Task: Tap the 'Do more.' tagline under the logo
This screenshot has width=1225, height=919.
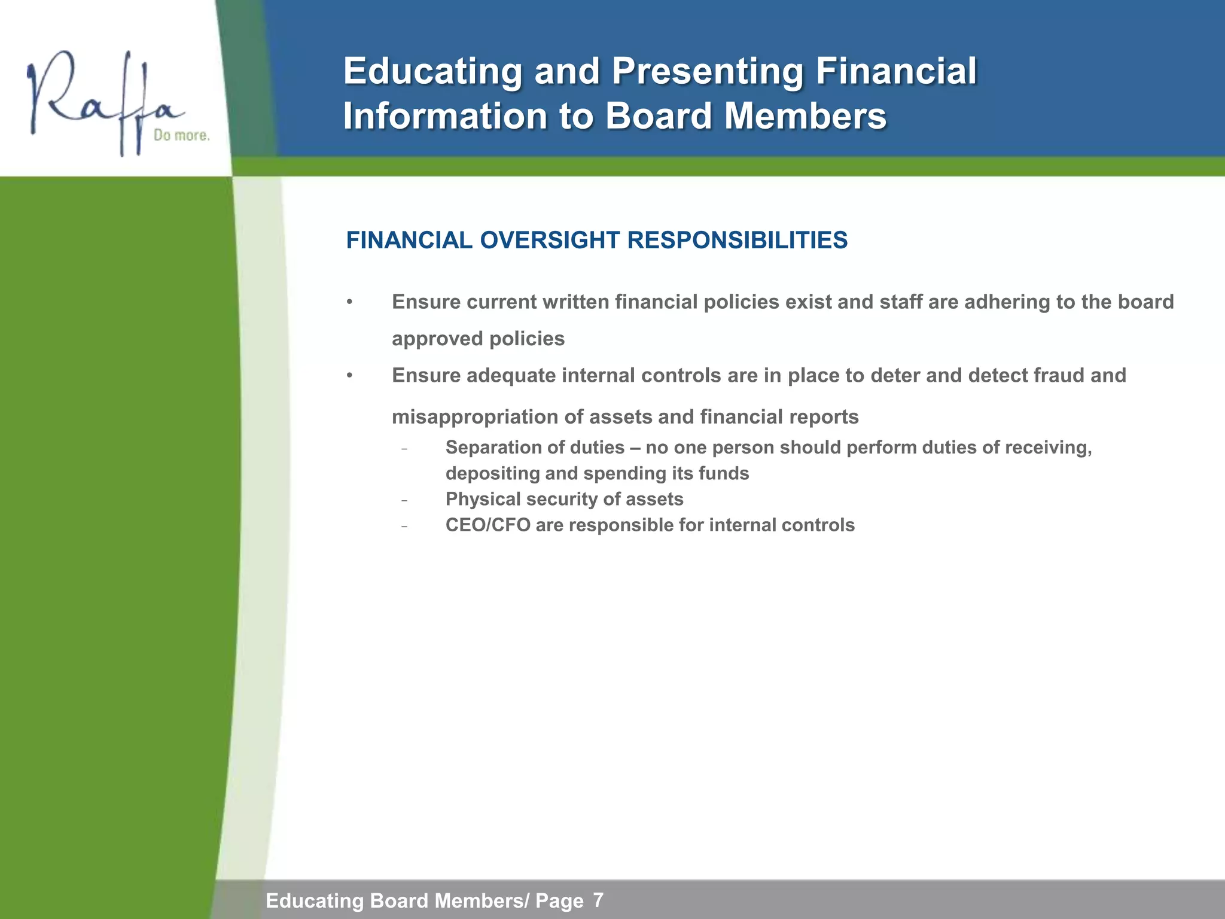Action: [182, 136]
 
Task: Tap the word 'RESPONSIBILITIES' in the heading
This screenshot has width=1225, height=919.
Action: [737, 241]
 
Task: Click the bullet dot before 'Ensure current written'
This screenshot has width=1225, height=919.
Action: [350, 302]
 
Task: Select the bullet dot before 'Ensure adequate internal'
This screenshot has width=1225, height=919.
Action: [350, 376]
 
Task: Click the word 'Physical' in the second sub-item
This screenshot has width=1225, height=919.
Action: [483, 499]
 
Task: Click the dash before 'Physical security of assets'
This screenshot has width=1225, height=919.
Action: [405, 500]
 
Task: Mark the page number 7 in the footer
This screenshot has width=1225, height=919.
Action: [598, 900]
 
